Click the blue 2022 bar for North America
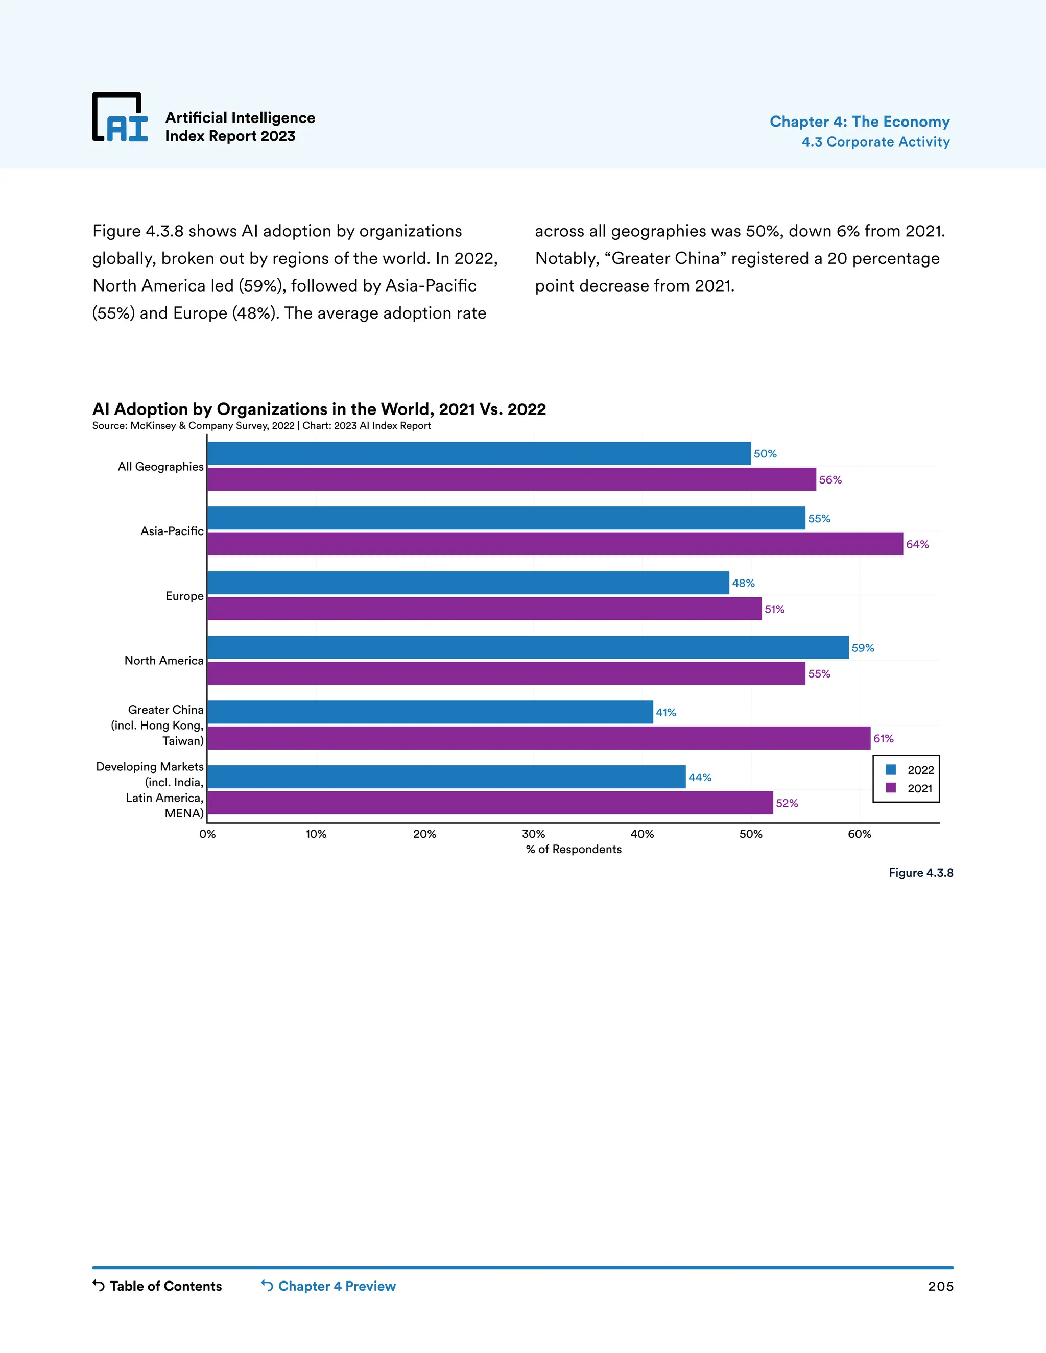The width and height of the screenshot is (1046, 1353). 527,647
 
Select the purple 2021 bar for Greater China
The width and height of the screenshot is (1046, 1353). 538,738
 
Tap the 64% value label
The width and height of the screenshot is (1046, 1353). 917,545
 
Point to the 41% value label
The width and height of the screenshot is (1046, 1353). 666,712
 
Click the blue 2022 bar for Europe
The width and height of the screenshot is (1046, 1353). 468,583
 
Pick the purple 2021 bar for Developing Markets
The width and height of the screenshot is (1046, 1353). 489,803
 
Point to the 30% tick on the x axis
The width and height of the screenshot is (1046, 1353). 533,834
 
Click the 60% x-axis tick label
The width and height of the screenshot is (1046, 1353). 860,834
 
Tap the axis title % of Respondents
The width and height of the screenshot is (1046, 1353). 573,850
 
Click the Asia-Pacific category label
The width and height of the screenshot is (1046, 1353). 172,531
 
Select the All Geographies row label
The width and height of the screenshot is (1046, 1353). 160,467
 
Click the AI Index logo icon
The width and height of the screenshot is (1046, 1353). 120,117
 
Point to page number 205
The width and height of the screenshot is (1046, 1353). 940,1287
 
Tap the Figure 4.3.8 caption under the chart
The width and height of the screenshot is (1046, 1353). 921,873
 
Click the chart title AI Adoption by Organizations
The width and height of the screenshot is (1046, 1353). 319,409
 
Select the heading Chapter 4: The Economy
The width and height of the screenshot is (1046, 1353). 860,122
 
